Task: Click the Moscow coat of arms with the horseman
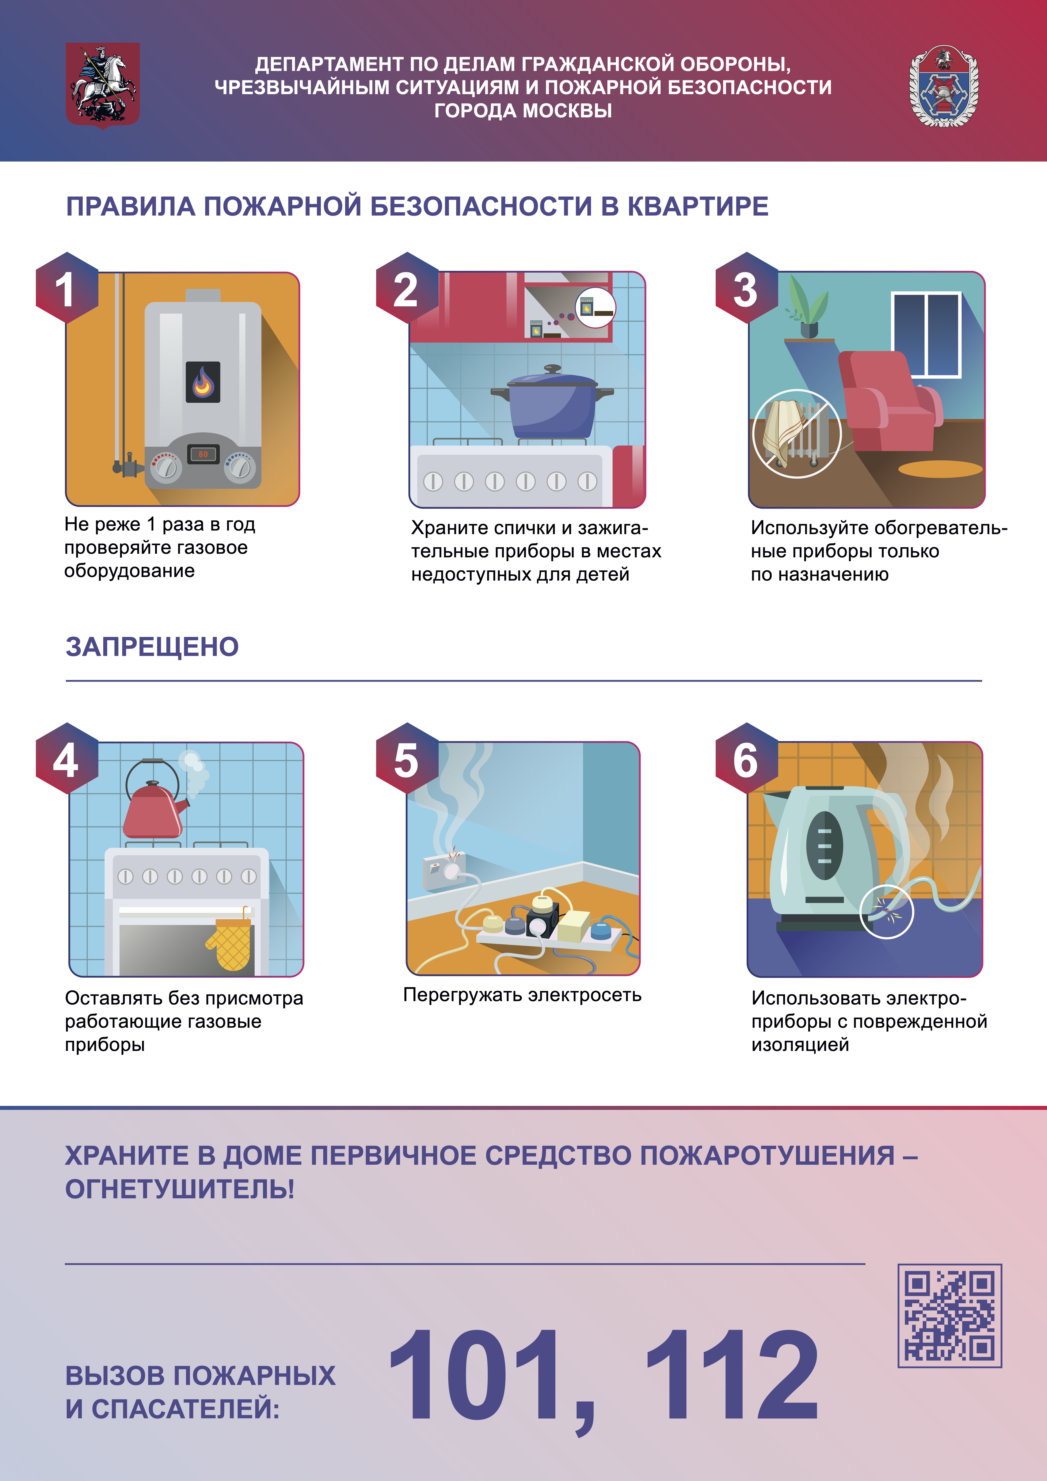pyautogui.click(x=103, y=85)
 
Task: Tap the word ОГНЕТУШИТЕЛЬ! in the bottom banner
pyautogui.click(x=180, y=1189)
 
